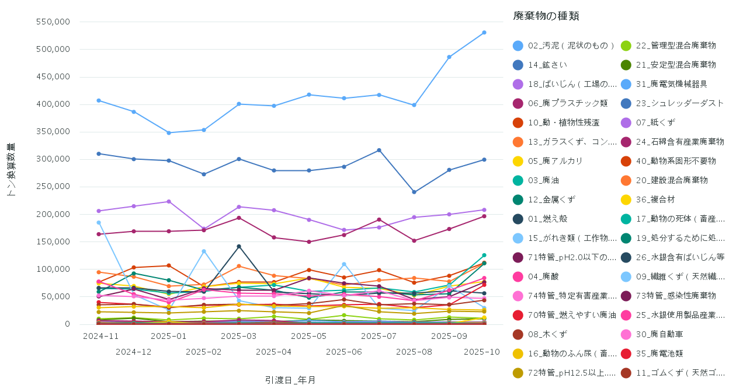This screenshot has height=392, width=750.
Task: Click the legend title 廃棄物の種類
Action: point(546,16)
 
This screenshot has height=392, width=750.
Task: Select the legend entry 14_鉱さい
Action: point(547,65)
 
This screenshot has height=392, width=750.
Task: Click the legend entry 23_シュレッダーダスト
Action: point(679,103)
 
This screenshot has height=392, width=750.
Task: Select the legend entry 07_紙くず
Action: point(655,123)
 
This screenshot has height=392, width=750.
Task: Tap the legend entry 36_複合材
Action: point(655,199)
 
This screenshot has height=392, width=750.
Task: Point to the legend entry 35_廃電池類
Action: point(659,353)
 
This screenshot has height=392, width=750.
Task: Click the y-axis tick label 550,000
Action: point(53,22)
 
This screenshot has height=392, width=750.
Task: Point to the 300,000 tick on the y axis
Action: point(53,159)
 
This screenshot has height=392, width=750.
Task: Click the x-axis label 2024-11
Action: point(100,337)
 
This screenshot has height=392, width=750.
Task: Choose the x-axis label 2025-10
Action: point(482,352)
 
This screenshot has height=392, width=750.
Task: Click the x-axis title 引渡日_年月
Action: point(290,380)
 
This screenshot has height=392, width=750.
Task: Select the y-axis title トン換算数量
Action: point(11,169)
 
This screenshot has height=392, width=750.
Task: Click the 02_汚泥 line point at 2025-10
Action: point(484,33)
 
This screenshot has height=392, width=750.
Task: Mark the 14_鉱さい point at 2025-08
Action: point(414,192)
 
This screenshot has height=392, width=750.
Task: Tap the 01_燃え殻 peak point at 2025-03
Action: point(239,246)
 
